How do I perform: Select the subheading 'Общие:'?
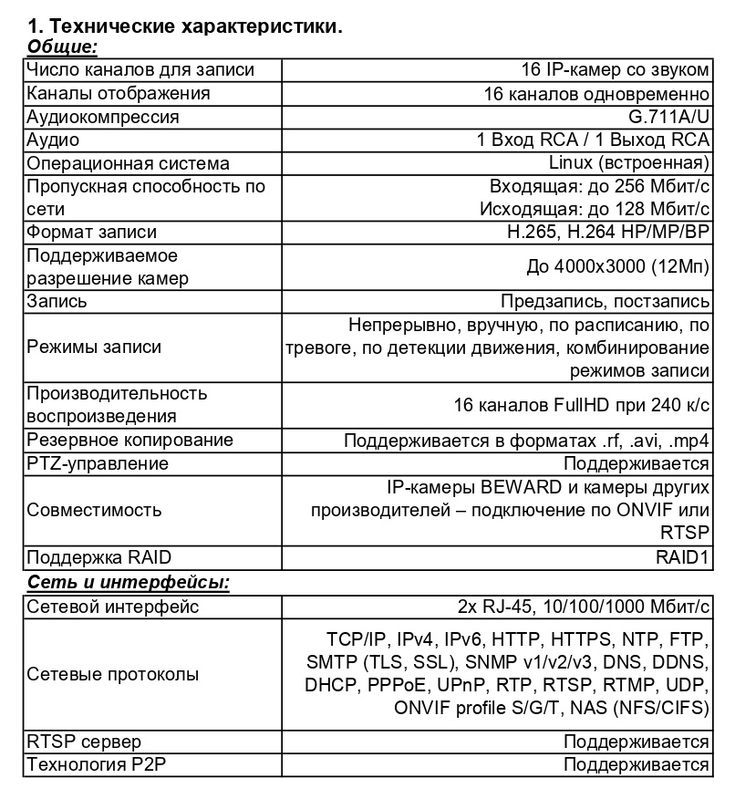click(63, 47)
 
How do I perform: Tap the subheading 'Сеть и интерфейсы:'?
click(128, 582)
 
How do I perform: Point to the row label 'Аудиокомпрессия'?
click(103, 117)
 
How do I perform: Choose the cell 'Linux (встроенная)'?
click(629, 163)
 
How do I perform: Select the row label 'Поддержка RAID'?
click(99, 558)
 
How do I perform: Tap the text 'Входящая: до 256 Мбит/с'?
click(600, 187)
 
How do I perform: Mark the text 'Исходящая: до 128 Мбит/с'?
click(595, 209)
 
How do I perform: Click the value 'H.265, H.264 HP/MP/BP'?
click(607, 233)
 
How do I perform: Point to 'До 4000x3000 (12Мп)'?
click(618, 267)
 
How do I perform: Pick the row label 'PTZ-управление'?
click(98, 463)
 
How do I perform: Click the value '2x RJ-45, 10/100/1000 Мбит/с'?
click(584, 607)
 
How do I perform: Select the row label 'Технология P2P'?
click(96, 764)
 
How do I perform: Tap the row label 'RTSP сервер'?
click(84, 742)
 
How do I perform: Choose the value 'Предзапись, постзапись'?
click(605, 302)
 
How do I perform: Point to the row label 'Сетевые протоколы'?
click(113, 675)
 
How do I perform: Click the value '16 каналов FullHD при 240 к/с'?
click(582, 405)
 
